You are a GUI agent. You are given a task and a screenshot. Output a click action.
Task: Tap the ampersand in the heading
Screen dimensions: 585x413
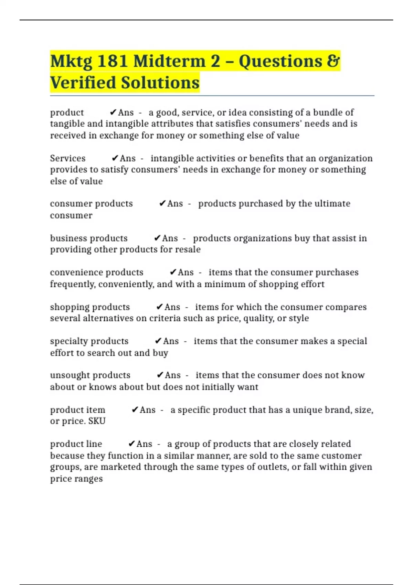point(333,61)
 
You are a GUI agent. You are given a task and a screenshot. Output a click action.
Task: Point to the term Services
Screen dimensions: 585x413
point(68,158)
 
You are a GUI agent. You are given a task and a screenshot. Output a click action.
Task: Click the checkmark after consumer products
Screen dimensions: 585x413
point(162,203)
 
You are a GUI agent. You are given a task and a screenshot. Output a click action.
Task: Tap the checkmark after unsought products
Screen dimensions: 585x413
point(160,375)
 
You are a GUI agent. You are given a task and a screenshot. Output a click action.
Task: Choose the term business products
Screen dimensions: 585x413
point(89,238)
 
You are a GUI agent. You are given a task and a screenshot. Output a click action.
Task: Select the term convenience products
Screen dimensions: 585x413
point(97,272)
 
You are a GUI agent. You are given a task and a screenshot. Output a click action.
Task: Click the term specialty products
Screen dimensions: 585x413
point(89,341)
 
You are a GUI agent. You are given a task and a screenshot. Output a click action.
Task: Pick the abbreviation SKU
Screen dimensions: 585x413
point(97,421)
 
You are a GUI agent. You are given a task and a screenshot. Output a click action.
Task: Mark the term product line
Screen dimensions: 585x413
point(76,444)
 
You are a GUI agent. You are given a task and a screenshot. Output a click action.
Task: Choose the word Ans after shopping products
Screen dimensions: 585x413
point(172,307)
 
